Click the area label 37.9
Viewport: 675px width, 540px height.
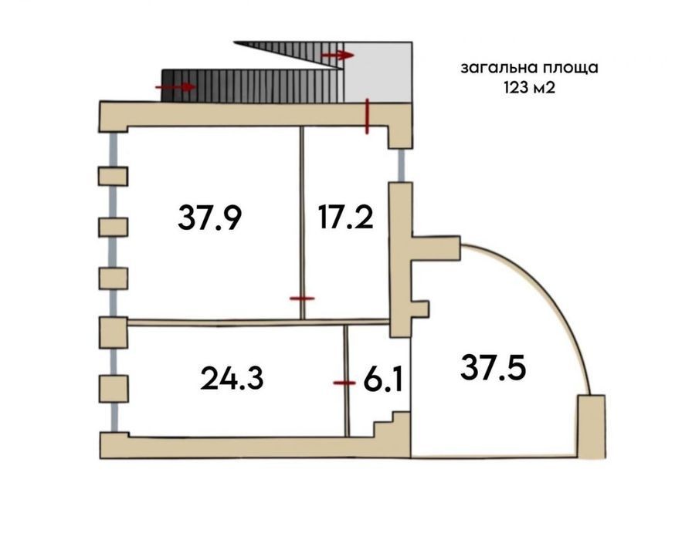click(209, 218)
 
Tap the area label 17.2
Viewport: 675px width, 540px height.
click(346, 217)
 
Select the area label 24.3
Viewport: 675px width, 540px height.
click(232, 378)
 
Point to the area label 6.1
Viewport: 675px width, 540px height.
click(383, 380)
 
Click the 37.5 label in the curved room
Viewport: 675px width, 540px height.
click(493, 368)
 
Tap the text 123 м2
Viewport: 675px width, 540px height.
click(529, 88)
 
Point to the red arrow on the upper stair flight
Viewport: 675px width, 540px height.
click(338, 55)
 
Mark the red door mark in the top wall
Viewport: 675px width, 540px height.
click(367, 116)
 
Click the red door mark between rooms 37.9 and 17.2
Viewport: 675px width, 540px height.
click(302, 299)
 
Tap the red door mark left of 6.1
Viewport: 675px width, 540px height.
click(344, 383)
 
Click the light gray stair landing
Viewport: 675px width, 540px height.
click(378, 72)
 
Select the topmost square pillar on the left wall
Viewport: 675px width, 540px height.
click(114, 177)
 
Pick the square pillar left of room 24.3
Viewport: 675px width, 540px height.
click(114, 389)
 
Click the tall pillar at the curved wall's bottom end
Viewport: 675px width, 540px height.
click(591, 427)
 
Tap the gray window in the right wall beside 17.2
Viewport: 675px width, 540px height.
click(401, 165)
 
